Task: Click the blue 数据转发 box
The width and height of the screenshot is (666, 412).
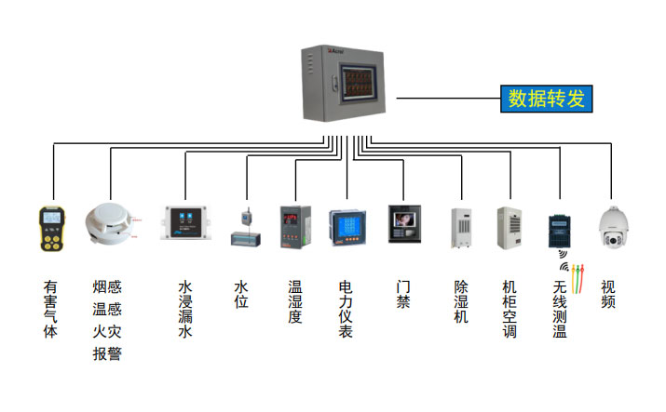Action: (x=547, y=98)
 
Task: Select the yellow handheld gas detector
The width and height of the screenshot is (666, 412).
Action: (x=51, y=230)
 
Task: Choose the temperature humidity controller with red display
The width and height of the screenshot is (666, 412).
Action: (x=292, y=225)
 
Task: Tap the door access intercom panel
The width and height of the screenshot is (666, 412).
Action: (x=404, y=224)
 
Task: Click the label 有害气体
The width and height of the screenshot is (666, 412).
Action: (x=50, y=308)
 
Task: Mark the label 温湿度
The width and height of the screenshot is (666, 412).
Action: (x=293, y=301)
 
